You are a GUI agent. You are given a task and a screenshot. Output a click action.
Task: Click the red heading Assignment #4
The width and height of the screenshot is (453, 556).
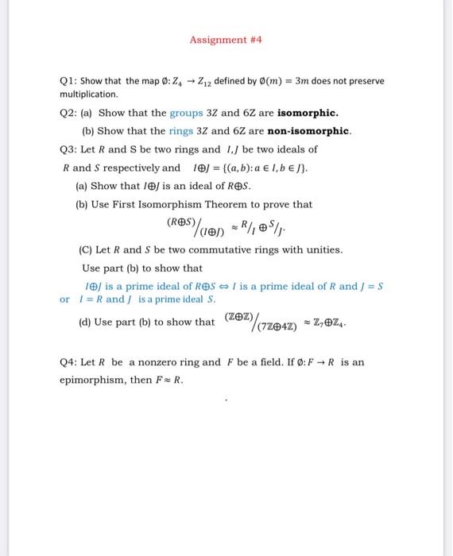pyautogui.click(x=226, y=39)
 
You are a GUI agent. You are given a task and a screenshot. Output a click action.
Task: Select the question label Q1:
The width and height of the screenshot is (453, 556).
pyautogui.click(x=70, y=81)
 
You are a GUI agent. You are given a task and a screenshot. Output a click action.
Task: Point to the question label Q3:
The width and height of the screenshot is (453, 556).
pyautogui.click(x=70, y=149)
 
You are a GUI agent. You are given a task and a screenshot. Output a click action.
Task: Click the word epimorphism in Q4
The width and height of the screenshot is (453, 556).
pyautogui.click(x=93, y=380)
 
